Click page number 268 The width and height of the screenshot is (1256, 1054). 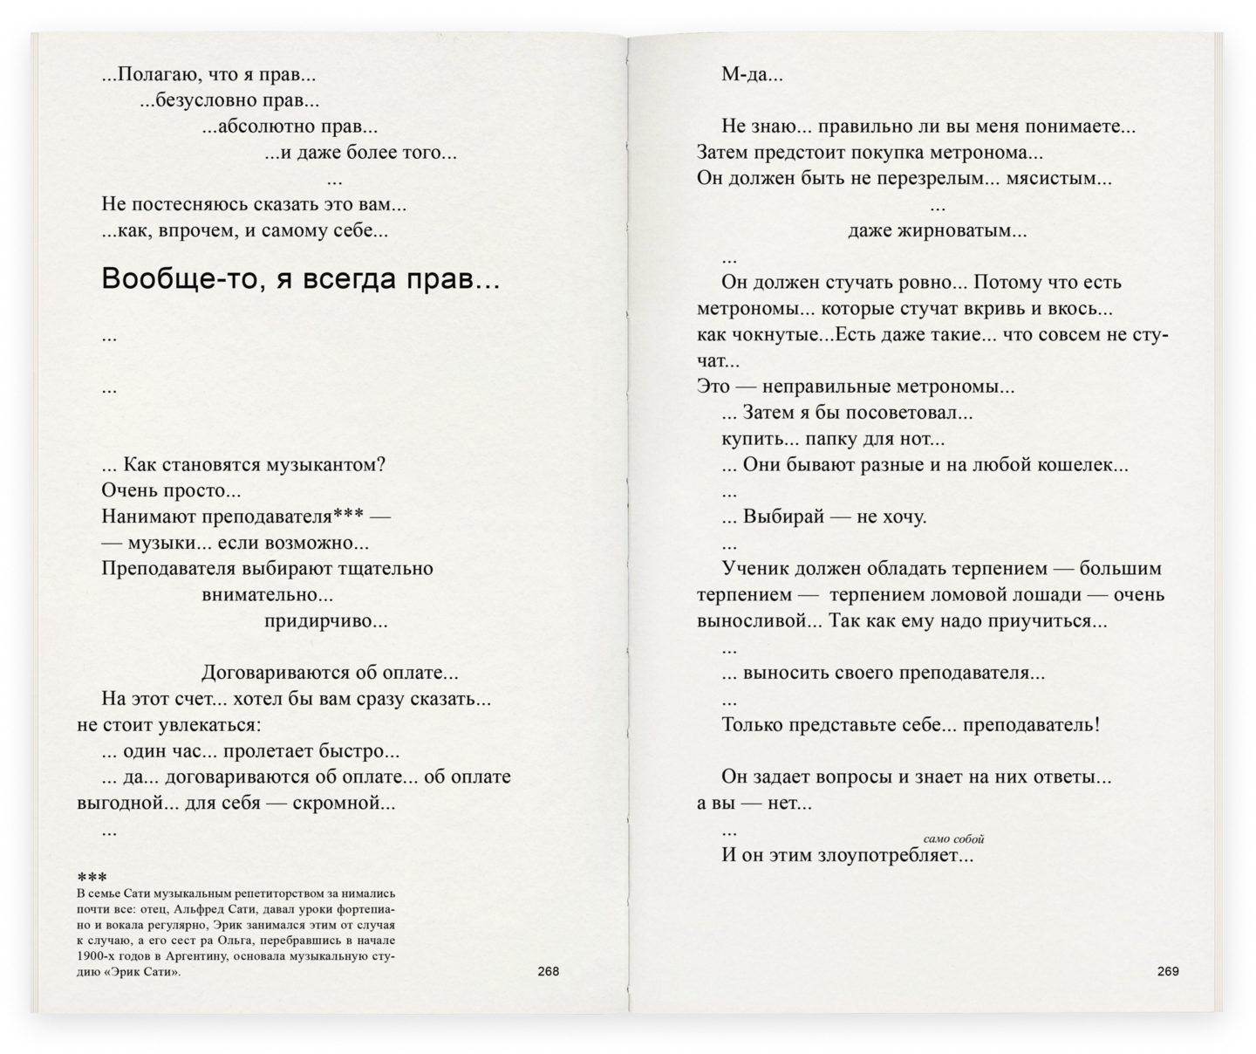pos(548,972)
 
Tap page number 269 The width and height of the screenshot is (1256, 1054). pos(1168,972)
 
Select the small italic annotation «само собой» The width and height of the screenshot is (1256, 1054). pos(953,839)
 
